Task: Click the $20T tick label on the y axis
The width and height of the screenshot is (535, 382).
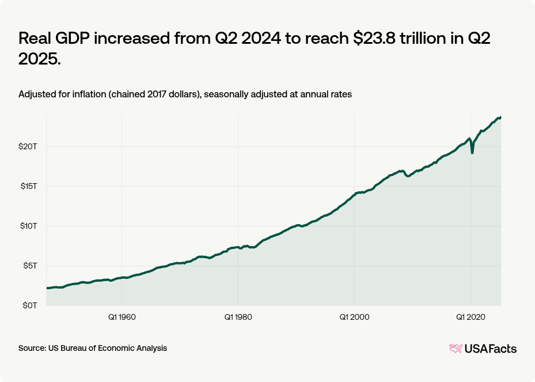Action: pos(28,146)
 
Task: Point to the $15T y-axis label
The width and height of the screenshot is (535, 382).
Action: pos(28,186)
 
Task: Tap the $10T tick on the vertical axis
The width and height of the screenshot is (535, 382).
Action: pos(28,226)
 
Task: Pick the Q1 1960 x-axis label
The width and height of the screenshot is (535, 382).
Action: pos(122,317)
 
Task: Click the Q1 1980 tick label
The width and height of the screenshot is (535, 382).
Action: pos(238,317)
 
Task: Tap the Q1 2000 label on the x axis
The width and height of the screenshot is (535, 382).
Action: pos(354,317)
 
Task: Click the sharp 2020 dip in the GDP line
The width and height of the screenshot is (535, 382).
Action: pos(472,153)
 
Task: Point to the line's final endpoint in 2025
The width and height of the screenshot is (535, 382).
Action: pos(500,118)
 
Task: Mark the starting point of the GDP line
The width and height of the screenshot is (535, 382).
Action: pos(47,288)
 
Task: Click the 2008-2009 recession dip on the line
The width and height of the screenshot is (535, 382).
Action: pos(408,176)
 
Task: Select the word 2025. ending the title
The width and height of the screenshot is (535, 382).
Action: pos(40,58)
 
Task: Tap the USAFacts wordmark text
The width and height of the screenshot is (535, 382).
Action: pos(491,348)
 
